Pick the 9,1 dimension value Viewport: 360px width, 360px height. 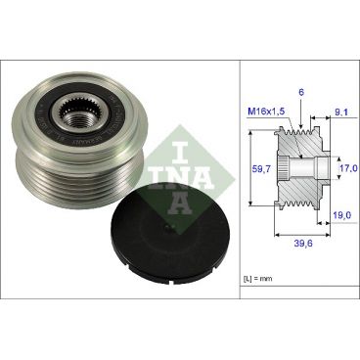click(338, 112)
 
